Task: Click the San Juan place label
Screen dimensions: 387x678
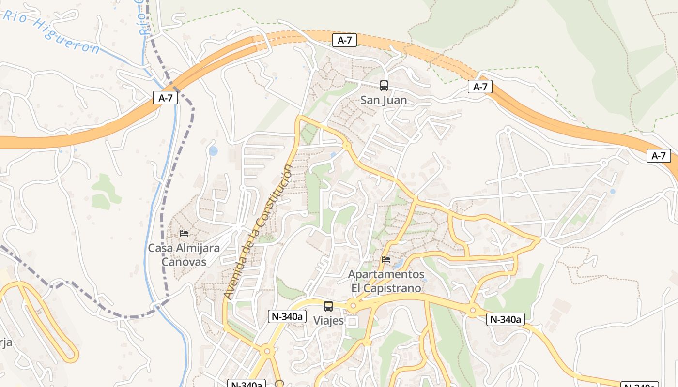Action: [384, 101]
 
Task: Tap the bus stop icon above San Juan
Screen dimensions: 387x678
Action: [384, 86]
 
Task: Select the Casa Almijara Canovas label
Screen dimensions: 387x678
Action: [184, 255]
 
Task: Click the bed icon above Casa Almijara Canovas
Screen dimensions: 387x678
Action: [184, 233]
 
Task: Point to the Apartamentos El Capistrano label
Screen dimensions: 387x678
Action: [386, 281]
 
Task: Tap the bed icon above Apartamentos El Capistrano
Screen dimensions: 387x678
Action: [386, 260]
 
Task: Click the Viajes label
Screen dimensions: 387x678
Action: [328, 321]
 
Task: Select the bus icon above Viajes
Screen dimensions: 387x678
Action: [328, 306]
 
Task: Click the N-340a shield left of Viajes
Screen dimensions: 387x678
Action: [287, 316]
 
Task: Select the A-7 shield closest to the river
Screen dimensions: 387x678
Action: [166, 98]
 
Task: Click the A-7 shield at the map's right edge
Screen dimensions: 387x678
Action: [659, 156]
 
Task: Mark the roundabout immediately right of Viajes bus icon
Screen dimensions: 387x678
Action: [353, 306]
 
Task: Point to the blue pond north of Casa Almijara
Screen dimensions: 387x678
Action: [213, 151]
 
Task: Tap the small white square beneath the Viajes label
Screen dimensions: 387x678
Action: [352, 322]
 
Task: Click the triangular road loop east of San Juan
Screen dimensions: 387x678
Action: [439, 130]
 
